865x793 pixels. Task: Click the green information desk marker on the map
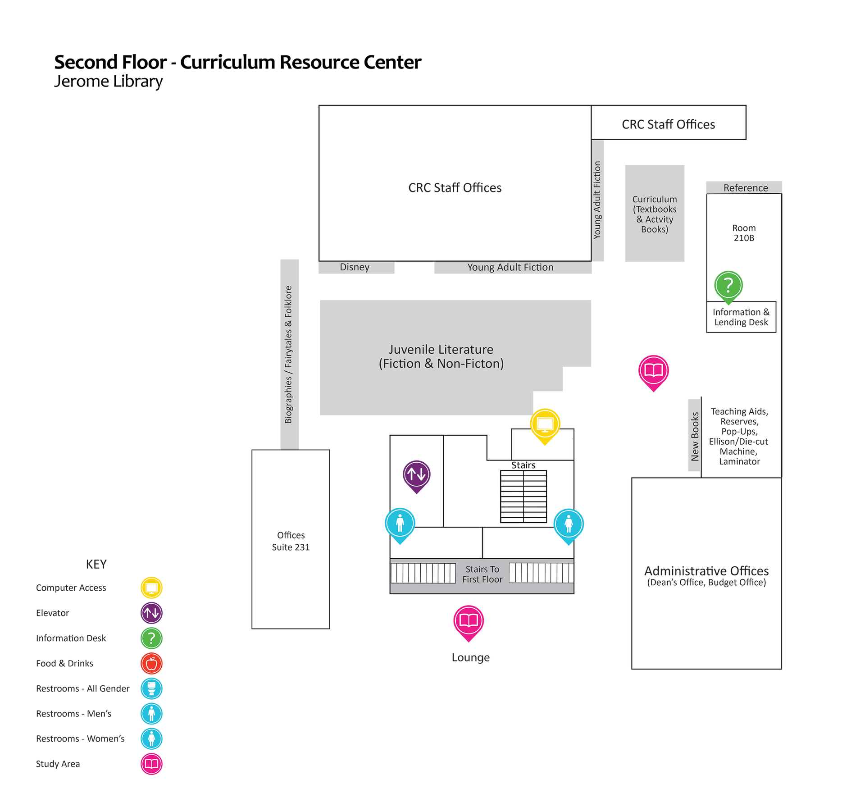(728, 285)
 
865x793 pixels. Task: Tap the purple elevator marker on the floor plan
(416, 474)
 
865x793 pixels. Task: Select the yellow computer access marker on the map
(545, 424)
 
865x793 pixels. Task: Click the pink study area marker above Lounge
(469, 621)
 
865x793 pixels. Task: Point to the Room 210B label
(744, 233)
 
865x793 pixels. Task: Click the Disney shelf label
(355, 267)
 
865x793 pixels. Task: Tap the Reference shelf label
(746, 188)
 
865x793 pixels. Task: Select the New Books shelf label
(695, 436)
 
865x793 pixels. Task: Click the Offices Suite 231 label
(291, 541)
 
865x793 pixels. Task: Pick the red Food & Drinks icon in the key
(151, 663)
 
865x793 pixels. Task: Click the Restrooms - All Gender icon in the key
(151, 688)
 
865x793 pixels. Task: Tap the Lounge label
(470, 657)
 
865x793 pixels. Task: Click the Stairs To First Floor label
(482, 574)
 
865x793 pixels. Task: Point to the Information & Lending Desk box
(741, 317)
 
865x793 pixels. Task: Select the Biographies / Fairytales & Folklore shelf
(289, 354)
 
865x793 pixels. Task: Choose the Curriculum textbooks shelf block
(655, 214)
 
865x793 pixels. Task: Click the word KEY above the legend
(96, 564)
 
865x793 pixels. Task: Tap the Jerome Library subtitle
(108, 82)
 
